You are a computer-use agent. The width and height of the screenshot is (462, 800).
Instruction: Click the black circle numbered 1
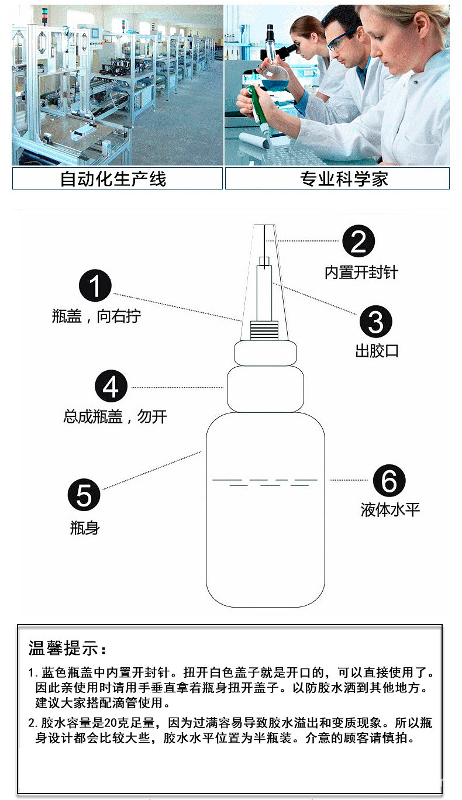click(x=95, y=287)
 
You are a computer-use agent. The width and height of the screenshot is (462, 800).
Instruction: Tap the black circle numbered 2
click(x=358, y=242)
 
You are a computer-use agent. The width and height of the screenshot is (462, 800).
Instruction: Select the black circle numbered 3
click(x=375, y=322)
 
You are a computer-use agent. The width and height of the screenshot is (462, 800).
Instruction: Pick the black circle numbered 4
click(x=111, y=387)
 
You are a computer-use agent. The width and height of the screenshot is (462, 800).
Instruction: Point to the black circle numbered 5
click(x=84, y=495)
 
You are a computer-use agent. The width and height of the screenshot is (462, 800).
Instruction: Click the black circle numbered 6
click(x=389, y=481)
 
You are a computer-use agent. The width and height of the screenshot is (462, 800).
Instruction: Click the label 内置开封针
click(x=361, y=272)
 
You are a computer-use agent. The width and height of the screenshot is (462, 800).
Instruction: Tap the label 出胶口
click(x=377, y=351)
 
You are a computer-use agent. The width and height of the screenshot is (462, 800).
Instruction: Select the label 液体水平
click(x=390, y=510)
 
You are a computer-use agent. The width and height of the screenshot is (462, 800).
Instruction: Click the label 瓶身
click(x=85, y=528)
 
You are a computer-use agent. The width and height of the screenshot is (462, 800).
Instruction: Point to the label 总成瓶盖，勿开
click(x=115, y=417)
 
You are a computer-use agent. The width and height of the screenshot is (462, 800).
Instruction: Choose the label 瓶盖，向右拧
click(x=96, y=316)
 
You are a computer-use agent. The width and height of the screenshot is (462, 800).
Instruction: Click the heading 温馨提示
click(x=68, y=649)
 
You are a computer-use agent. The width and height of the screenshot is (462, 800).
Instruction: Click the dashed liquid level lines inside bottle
click(x=265, y=482)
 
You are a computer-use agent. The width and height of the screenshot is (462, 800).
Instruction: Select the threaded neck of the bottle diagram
click(x=265, y=331)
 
